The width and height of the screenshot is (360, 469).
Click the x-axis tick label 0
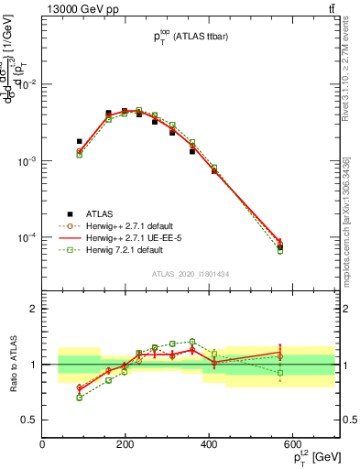(43, 444)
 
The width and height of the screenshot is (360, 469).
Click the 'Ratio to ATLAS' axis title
(12, 365)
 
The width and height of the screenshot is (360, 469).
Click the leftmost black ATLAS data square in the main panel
(80, 142)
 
